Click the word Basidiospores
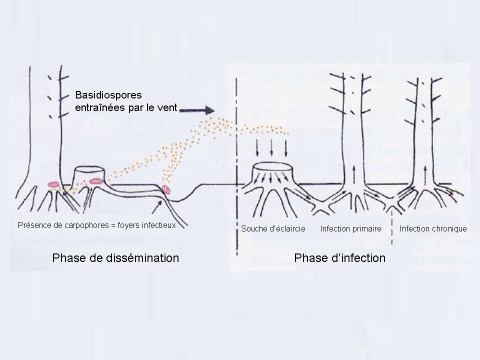tap(108, 94)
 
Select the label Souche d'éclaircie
tap(273, 229)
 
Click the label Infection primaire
tap(351, 229)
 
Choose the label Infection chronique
tap(433, 229)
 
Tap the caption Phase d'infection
tap(340, 258)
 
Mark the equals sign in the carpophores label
tap(113, 225)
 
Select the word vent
tap(168, 108)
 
